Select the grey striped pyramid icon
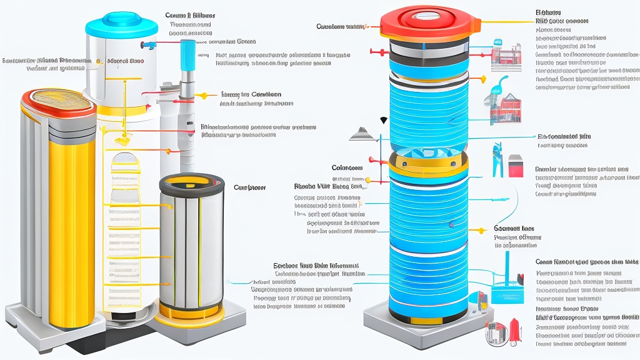[x=362, y=132]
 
